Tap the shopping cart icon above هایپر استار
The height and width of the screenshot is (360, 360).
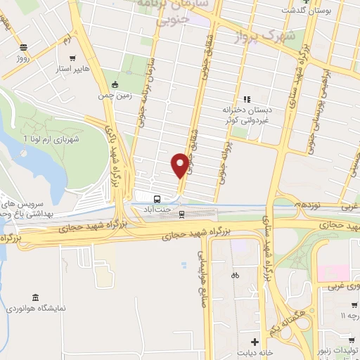72,58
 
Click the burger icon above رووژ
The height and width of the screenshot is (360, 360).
24,47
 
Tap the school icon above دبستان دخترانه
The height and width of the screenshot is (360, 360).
245,98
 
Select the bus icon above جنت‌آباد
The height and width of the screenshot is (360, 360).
157,199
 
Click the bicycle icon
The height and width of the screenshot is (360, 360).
235,275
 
